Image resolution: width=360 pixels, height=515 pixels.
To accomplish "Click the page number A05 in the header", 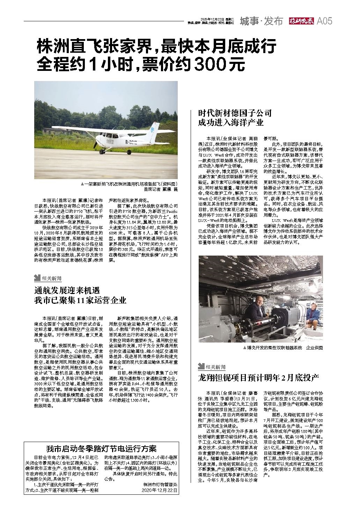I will click(x=324, y=21).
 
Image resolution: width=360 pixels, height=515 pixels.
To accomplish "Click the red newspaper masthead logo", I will click(x=301, y=21).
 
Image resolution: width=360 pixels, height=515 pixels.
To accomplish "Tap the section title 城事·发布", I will click(x=261, y=21).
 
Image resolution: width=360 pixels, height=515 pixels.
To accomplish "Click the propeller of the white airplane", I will click(x=95, y=142).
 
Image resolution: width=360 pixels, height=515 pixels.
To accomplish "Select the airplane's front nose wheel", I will click(x=102, y=152).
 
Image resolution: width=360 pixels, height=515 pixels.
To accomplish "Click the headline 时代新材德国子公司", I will click(x=235, y=113).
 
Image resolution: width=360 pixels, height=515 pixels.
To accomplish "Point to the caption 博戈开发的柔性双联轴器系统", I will click(x=274, y=348).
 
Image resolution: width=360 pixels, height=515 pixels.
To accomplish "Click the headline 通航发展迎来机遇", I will click(x=67, y=290).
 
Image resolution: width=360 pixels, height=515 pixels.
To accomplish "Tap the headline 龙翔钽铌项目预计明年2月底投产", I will click(x=258, y=377).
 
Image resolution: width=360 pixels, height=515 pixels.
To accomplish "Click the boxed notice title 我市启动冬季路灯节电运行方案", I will click(x=102, y=449).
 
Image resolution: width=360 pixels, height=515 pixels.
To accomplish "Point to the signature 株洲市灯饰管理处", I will click(x=160, y=485).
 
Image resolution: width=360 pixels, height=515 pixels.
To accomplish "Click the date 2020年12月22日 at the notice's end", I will click(x=160, y=490).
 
